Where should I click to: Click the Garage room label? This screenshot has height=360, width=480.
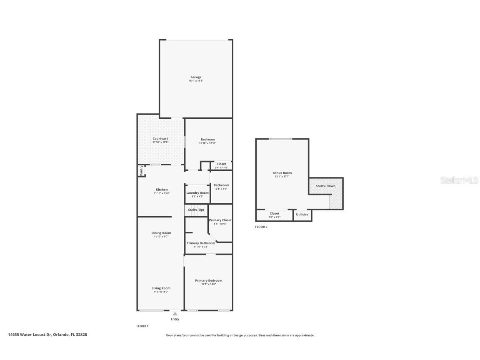[x=196, y=77]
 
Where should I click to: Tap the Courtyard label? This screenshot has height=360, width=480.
[x=160, y=138]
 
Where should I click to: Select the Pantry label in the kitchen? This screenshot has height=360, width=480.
[x=141, y=170]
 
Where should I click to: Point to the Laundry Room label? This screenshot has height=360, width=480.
[x=197, y=193]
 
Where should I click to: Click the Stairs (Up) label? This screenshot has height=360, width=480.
[x=196, y=210]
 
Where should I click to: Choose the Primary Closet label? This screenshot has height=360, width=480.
[x=220, y=220]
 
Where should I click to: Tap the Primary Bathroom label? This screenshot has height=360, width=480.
[x=201, y=243]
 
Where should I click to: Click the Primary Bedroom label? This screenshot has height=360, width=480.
[x=208, y=280]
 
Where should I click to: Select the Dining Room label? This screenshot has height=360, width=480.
[x=161, y=233]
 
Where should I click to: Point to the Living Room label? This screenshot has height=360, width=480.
[x=161, y=288]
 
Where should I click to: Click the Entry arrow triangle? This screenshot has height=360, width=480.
[x=175, y=314]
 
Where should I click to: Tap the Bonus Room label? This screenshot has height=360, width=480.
[x=282, y=173]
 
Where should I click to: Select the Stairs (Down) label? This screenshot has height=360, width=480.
[x=326, y=186]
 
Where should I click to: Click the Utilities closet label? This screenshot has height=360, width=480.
[x=302, y=215]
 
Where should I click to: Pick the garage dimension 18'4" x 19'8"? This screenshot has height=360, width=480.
[x=196, y=81]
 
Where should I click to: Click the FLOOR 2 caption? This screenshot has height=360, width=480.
[x=261, y=227]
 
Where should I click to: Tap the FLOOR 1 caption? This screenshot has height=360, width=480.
[x=142, y=326]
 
